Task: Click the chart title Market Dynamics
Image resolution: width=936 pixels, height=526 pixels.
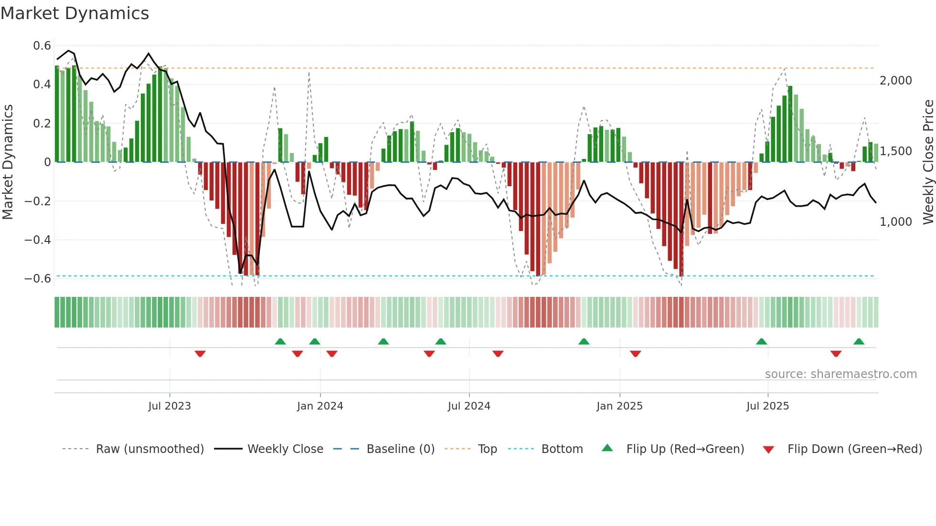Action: (x=75, y=13)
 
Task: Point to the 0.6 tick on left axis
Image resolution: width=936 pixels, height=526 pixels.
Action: (x=42, y=46)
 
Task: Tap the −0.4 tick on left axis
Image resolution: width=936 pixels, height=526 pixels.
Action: (x=38, y=240)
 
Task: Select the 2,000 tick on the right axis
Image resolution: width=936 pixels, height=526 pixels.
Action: (x=895, y=81)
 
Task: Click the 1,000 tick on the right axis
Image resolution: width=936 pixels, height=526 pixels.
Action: (x=895, y=221)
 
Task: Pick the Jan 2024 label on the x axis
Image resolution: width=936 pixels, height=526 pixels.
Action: (x=320, y=406)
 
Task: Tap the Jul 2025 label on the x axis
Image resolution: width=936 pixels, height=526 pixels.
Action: (x=767, y=406)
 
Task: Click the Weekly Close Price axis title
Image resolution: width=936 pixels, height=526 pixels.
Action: (x=928, y=162)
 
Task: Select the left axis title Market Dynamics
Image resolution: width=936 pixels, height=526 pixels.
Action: (x=8, y=162)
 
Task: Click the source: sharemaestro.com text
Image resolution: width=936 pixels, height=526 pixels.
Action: (x=840, y=374)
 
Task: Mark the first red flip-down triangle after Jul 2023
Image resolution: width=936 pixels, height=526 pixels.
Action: (x=200, y=354)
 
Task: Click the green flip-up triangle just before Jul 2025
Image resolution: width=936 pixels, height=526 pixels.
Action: (x=761, y=341)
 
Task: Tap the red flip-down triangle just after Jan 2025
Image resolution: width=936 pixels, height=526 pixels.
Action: (x=635, y=354)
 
